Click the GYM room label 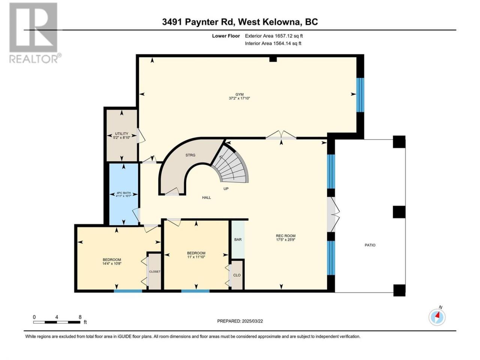pos(239,94)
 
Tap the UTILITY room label pos(121,134)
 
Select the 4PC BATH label pos(123,193)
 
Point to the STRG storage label pos(190,155)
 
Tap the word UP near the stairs pos(226,189)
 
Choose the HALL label pos(206,198)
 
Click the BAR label pos(238,240)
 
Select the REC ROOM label pos(286,236)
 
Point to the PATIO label pos(370,245)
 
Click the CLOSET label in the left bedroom pos(154,271)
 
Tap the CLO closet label pos(237,275)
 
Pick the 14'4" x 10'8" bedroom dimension pos(112,264)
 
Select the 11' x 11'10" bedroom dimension pos(196,257)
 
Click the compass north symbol pos(437,317)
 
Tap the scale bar pos(57,322)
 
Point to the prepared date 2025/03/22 pos(252,321)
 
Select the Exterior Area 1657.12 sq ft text pos(274,36)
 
